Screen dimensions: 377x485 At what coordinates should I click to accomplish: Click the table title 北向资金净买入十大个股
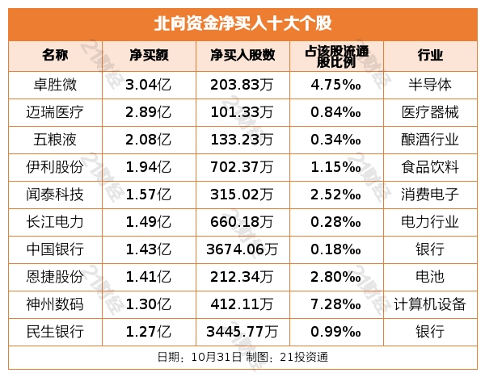(x=242, y=22)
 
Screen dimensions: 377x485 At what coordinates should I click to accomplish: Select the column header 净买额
(x=149, y=56)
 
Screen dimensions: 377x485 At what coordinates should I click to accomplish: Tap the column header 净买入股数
(x=242, y=56)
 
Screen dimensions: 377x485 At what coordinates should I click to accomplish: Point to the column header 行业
(x=430, y=56)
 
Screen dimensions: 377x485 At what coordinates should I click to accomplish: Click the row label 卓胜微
(x=61, y=84)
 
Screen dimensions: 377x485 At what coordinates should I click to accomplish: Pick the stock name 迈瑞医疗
(x=61, y=111)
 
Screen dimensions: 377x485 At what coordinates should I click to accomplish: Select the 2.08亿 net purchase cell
(x=149, y=139)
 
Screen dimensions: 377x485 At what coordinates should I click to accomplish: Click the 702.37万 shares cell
(x=242, y=166)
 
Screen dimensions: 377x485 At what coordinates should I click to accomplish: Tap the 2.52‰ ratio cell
(x=335, y=194)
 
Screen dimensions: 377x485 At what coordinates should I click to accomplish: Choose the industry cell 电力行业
(x=430, y=221)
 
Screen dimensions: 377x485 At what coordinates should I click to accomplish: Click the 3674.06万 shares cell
(x=242, y=249)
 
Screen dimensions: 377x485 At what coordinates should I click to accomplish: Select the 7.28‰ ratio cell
(x=335, y=304)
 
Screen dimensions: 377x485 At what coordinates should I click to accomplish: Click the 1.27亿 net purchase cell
(x=149, y=332)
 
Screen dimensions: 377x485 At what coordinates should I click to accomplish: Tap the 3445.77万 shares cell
(x=242, y=332)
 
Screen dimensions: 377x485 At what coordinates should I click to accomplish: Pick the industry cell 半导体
(x=430, y=84)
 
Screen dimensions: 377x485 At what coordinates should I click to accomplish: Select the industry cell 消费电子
(x=430, y=194)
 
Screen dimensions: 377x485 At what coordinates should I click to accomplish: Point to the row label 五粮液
(x=61, y=139)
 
